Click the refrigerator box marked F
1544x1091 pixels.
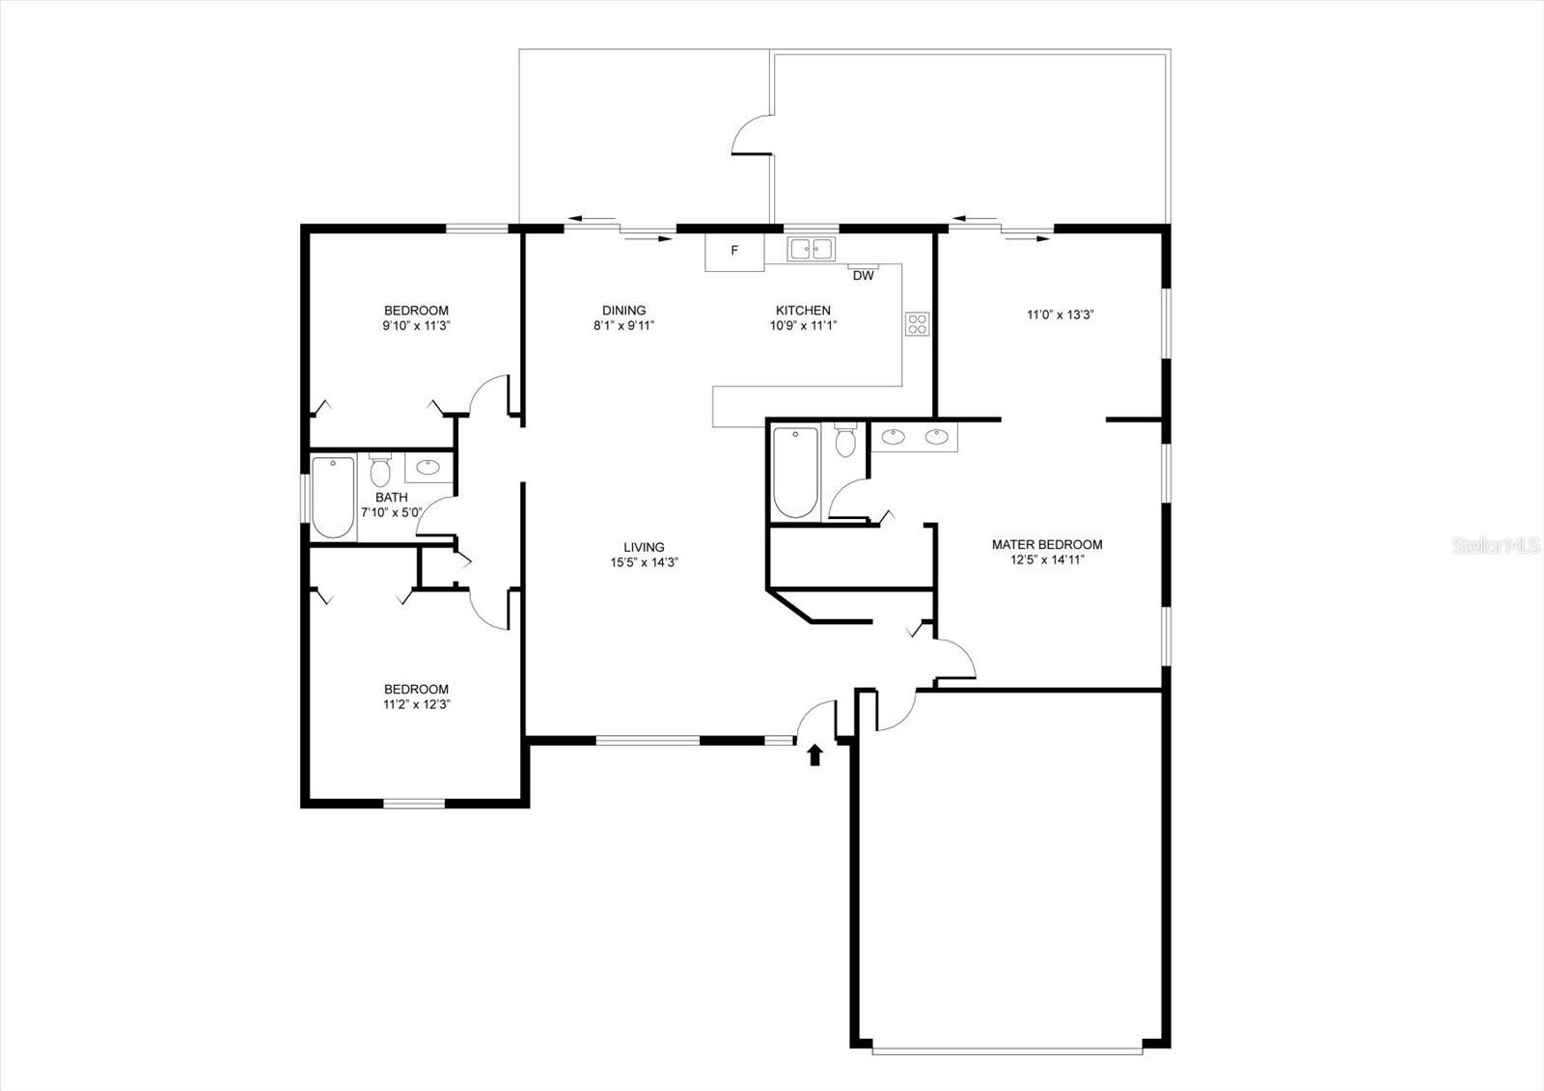click(733, 251)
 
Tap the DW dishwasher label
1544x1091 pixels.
click(863, 276)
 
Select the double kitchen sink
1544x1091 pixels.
click(811, 249)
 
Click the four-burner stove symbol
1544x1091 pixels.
click(917, 324)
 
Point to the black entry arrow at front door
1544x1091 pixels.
click(814, 754)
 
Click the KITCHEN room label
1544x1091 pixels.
click(803, 311)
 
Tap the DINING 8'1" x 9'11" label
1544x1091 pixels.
click(623, 317)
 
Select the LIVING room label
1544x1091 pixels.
click(644, 555)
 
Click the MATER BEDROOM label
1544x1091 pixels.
click(1046, 551)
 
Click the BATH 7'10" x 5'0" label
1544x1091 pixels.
click(391, 505)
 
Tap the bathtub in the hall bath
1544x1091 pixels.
click(332, 497)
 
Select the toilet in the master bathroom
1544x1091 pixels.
click(845, 441)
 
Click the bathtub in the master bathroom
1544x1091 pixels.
click(795, 473)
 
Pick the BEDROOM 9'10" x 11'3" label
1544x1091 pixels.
click(416, 317)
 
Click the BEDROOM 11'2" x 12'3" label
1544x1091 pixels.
click(416, 696)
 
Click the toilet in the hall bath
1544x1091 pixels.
click(380, 471)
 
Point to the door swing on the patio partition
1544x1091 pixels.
click(751, 135)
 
